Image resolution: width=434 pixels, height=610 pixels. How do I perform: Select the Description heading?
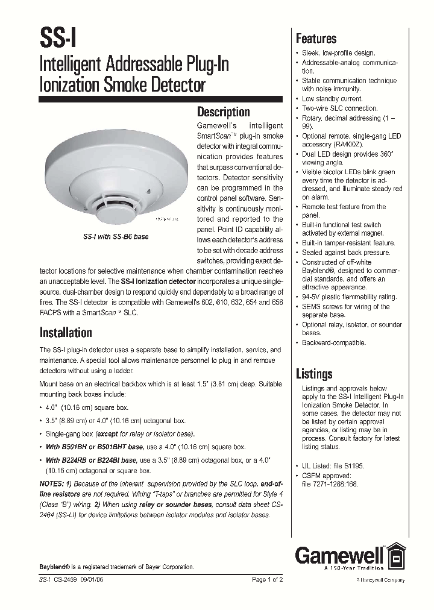(223, 112)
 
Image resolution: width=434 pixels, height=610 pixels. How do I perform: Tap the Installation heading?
(66, 333)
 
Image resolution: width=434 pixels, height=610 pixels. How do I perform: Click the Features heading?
(316, 39)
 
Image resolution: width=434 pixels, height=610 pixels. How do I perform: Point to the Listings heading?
(314, 374)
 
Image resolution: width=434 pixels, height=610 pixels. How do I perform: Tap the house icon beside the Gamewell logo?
(395, 555)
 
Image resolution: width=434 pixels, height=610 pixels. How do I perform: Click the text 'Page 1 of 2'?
(267, 579)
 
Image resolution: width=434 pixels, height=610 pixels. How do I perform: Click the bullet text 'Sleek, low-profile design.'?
(338, 53)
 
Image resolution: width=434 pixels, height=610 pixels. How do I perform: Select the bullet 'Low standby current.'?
(332, 99)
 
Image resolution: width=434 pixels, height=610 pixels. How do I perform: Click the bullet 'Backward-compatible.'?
(333, 342)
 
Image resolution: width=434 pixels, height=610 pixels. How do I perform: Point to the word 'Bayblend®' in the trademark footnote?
(55, 567)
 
